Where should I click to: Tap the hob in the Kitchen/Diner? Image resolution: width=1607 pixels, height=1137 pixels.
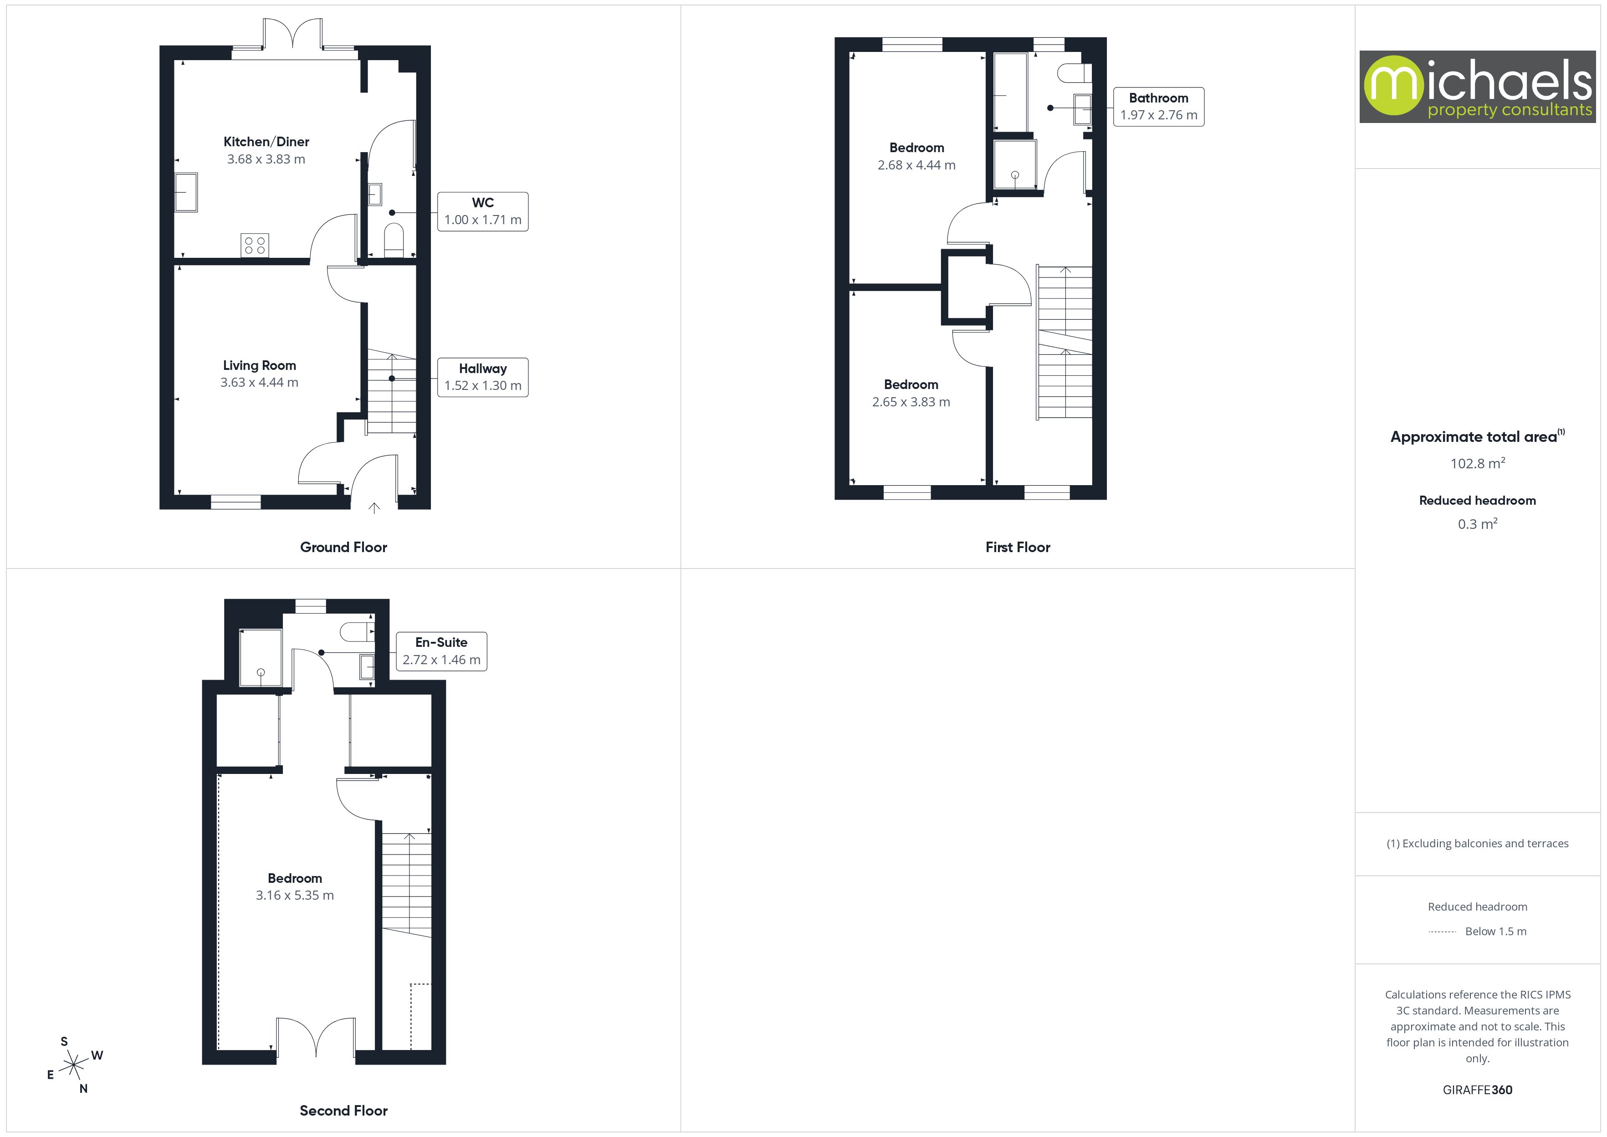(x=254, y=245)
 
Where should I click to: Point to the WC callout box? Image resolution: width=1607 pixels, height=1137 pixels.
(x=482, y=211)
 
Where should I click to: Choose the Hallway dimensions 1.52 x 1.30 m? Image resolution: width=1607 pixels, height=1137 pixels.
(x=482, y=386)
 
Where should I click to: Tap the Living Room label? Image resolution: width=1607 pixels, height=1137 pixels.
(x=259, y=365)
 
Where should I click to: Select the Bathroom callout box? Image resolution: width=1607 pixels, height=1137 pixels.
(x=1158, y=107)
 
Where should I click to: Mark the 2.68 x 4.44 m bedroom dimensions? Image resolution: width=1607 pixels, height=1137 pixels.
(x=916, y=165)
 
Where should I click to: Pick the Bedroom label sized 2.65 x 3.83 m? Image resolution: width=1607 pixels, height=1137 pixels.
(x=911, y=385)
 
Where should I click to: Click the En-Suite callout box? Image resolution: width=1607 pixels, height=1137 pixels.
(x=441, y=651)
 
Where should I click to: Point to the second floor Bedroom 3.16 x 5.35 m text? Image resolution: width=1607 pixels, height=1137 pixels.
(x=295, y=896)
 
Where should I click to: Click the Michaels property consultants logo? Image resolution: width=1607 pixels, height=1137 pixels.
(x=1477, y=87)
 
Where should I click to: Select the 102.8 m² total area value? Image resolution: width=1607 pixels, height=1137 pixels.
(x=1477, y=463)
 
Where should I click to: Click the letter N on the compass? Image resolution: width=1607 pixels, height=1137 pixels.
(x=83, y=1089)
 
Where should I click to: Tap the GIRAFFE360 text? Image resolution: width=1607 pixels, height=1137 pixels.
(x=1477, y=1090)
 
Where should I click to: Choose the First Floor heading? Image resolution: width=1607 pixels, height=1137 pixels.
(x=1018, y=548)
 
